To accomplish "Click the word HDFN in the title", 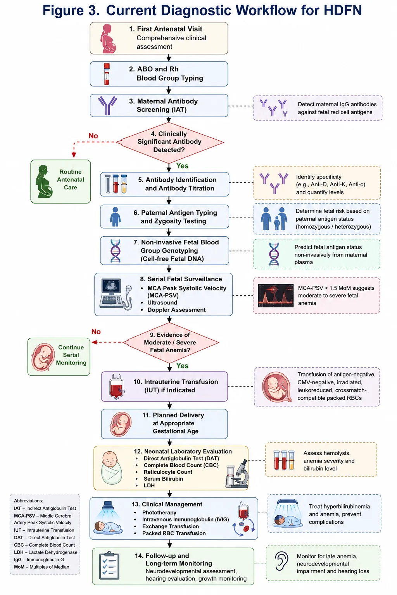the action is click(x=342, y=10).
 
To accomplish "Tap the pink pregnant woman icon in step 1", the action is click(x=108, y=38).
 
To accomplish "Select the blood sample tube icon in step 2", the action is click(x=107, y=74).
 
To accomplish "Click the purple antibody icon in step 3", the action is click(x=107, y=105).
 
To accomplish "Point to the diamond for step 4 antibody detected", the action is click(x=170, y=143).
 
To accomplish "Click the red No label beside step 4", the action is click(x=93, y=136).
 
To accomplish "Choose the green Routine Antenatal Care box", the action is click(x=60, y=181).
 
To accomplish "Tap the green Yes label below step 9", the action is click(x=182, y=366).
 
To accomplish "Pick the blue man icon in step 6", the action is click(x=115, y=217).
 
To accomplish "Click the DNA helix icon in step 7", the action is click(x=116, y=251).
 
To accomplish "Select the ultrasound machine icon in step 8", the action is click(x=116, y=294).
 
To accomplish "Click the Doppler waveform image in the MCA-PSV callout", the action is click(x=276, y=296).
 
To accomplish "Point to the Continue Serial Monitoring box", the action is click(x=59, y=356).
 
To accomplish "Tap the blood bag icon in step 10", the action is click(x=117, y=387).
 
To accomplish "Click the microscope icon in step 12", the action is click(x=237, y=474).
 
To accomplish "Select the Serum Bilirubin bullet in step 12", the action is click(x=163, y=479).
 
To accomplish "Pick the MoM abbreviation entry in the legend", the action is click(x=41, y=567).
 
